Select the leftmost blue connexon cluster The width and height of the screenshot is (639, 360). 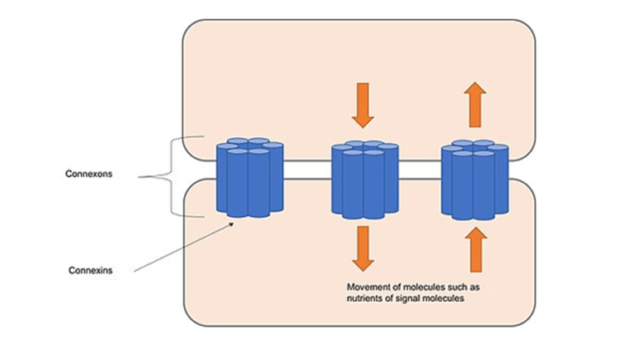pyautogui.click(x=250, y=179)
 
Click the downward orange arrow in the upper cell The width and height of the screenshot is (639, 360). pyautogui.click(x=362, y=103)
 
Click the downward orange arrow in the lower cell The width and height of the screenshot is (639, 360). pyautogui.click(x=362, y=248)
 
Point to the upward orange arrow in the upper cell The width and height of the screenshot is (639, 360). pyautogui.click(x=474, y=103)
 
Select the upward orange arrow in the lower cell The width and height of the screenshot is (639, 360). pyautogui.click(x=474, y=248)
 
